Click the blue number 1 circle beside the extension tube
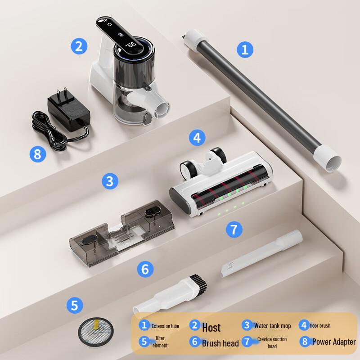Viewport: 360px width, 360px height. pos(245,49)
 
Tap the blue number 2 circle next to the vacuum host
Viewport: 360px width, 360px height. pos(79,46)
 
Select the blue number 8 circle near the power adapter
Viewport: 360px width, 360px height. pos(38,154)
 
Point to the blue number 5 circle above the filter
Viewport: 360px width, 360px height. pos(75,306)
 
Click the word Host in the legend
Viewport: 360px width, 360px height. pos(211,327)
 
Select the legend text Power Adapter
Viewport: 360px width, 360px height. pos(334,342)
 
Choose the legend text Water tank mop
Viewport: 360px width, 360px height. pos(272,326)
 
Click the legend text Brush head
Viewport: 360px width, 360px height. pos(220,343)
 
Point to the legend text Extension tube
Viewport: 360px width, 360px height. pos(165,326)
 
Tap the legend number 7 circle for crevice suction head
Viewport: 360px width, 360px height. pos(247,342)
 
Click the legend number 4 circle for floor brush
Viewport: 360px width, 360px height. pos(303,325)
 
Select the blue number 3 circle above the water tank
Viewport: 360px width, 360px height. pos(110,181)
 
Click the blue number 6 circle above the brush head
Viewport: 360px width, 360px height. pos(145,269)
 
